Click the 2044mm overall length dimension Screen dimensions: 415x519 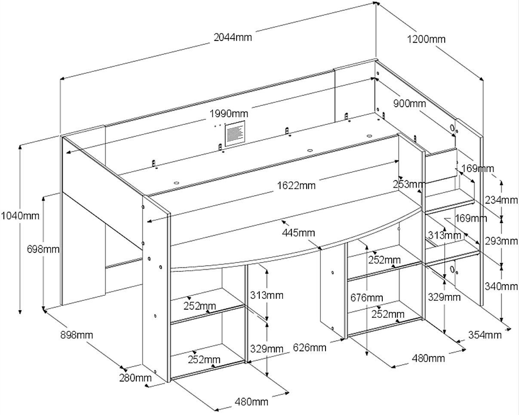(x=233, y=37)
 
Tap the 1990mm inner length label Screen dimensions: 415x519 (x=229, y=114)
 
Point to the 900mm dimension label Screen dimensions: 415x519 (x=409, y=104)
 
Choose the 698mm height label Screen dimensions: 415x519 (x=43, y=249)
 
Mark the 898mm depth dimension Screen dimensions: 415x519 (x=77, y=334)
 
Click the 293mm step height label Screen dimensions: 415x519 (x=502, y=241)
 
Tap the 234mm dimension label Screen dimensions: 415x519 (x=502, y=200)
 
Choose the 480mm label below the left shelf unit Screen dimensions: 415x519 (x=252, y=402)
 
